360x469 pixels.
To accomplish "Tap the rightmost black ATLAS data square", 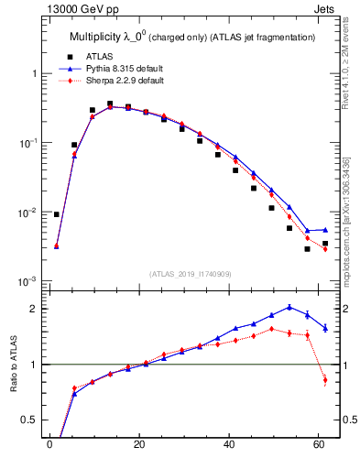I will pyautogui.click(x=324, y=244).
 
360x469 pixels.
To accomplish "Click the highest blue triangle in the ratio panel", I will pyautogui.click(x=289, y=307).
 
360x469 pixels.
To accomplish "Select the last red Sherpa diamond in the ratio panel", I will pyautogui.click(x=324, y=380).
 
